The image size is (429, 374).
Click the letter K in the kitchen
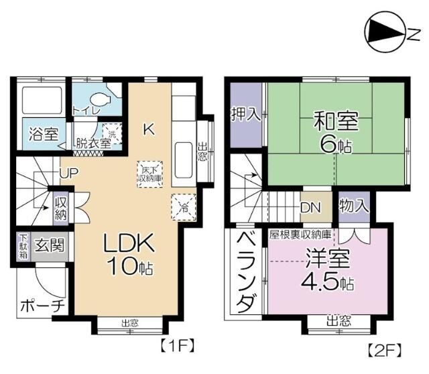pos(149,130)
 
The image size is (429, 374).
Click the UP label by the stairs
pos(68,174)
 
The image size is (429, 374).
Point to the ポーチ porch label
pos(42,306)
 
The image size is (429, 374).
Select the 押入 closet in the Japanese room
pos(245,114)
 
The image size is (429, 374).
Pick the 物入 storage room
pos(353,206)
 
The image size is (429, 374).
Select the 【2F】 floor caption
pos(385,350)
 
